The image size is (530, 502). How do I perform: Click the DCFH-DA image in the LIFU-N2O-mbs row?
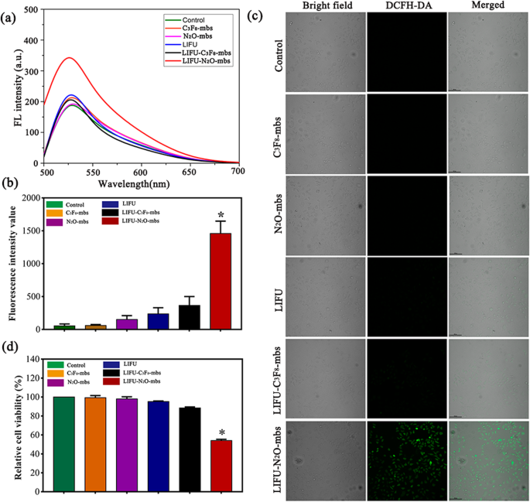tap(407, 459)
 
